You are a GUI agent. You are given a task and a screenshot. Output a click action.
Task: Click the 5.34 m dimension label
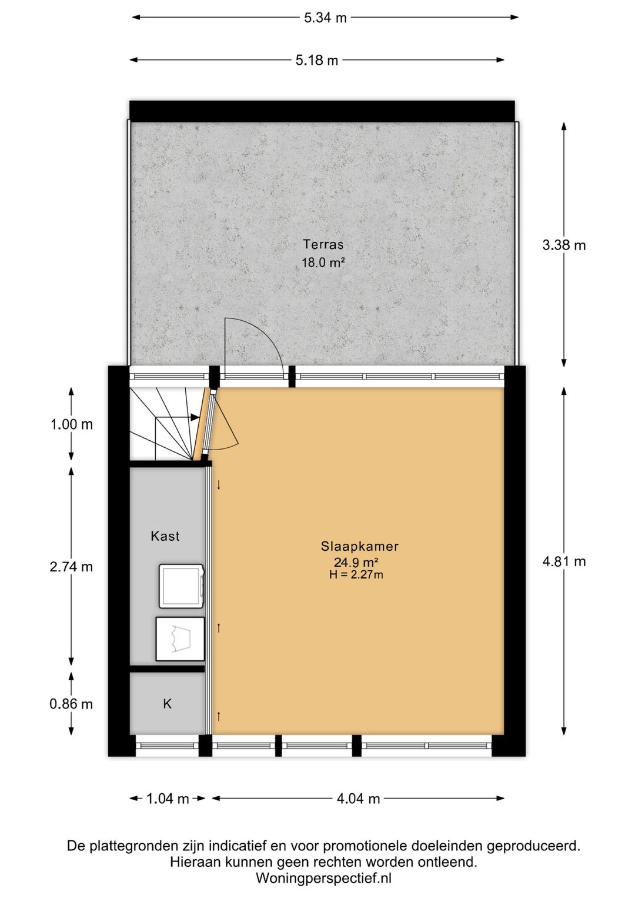pyautogui.click(x=325, y=18)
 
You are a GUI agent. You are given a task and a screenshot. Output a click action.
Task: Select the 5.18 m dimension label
pyautogui.click(x=316, y=61)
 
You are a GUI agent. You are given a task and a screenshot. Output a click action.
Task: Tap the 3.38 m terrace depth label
pyautogui.click(x=564, y=245)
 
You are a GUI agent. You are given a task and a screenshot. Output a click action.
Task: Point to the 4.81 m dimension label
pyautogui.click(x=564, y=561)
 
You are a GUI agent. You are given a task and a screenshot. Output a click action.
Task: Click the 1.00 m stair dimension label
pyautogui.click(x=71, y=424)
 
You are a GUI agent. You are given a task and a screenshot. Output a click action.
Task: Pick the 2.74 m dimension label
pyautogui.click(x=71, y=567)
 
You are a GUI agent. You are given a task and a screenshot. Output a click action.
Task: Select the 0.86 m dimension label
pyautogui.click(x=71, y=704)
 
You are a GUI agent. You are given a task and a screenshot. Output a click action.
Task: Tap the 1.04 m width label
pyautogui.click(x=168, y=799)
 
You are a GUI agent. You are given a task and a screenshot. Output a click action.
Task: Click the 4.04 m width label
pyautogui.click(x=358, y=799)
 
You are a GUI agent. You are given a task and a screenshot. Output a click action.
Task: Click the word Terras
pyautogui.click(x=323, y=244)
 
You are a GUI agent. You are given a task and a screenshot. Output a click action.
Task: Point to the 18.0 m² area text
pyautogui.click(x=323, y=262)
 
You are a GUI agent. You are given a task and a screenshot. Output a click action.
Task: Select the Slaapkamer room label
pyautogui.click(x=359, y=546)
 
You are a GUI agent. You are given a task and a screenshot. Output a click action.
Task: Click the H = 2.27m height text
pyautogui.click(x=356, y=574)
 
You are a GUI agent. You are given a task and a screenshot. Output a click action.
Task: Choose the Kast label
pyautogui.click(x=165, y=536)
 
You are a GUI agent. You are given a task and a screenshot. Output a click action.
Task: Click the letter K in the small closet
pyautogui.click(x=167, y=703)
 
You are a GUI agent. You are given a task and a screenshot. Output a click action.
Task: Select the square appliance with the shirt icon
pyautogui.click(x=180, y=638)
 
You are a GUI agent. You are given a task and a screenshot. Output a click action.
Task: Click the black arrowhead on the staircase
pyautogui.click(x=195, y=417)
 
